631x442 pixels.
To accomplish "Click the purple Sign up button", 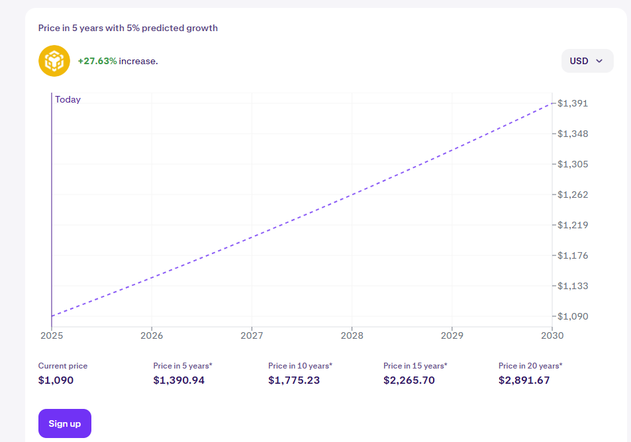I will click(x=65, y=423).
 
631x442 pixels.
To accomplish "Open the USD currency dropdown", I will click(x=587, y=61).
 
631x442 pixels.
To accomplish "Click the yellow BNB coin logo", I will click(x=54, y=61).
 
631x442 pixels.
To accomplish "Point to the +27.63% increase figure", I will click(x=97, y=61).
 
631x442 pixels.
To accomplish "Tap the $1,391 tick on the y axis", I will click(x=572, y=103).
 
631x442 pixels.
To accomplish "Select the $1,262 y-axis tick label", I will click(x=572, y=195).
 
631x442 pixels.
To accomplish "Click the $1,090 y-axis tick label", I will click(x=572, y=316).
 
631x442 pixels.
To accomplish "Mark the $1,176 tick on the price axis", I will click(x=572, y=255).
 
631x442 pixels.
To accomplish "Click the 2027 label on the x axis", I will click(x=252, y=335).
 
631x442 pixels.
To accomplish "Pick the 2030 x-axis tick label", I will click(x=552, y=335).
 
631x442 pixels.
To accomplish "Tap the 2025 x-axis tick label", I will click(x=52, y=335).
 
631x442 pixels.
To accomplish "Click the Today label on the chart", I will click(x=68, y=99).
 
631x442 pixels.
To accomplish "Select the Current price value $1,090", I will click(x=56, y=380).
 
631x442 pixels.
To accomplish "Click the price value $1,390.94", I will click(x=179, y=380).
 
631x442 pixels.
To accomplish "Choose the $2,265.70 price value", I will click(x=409, y=380).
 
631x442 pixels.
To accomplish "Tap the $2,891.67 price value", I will click(x=524, y=380).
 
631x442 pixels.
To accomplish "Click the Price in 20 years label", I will click(x=530, y=365).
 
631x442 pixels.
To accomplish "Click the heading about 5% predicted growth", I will click(x=128, y=28).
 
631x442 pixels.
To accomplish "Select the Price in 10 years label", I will click(x=300, y=365).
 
